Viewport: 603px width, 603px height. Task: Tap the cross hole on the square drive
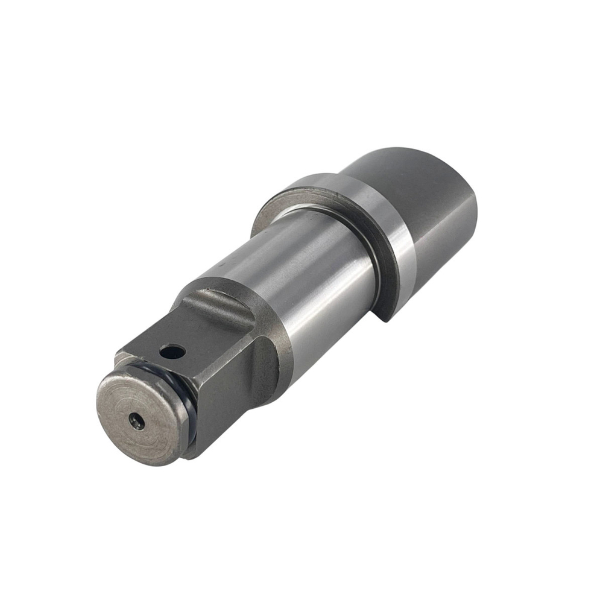point(172,350)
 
